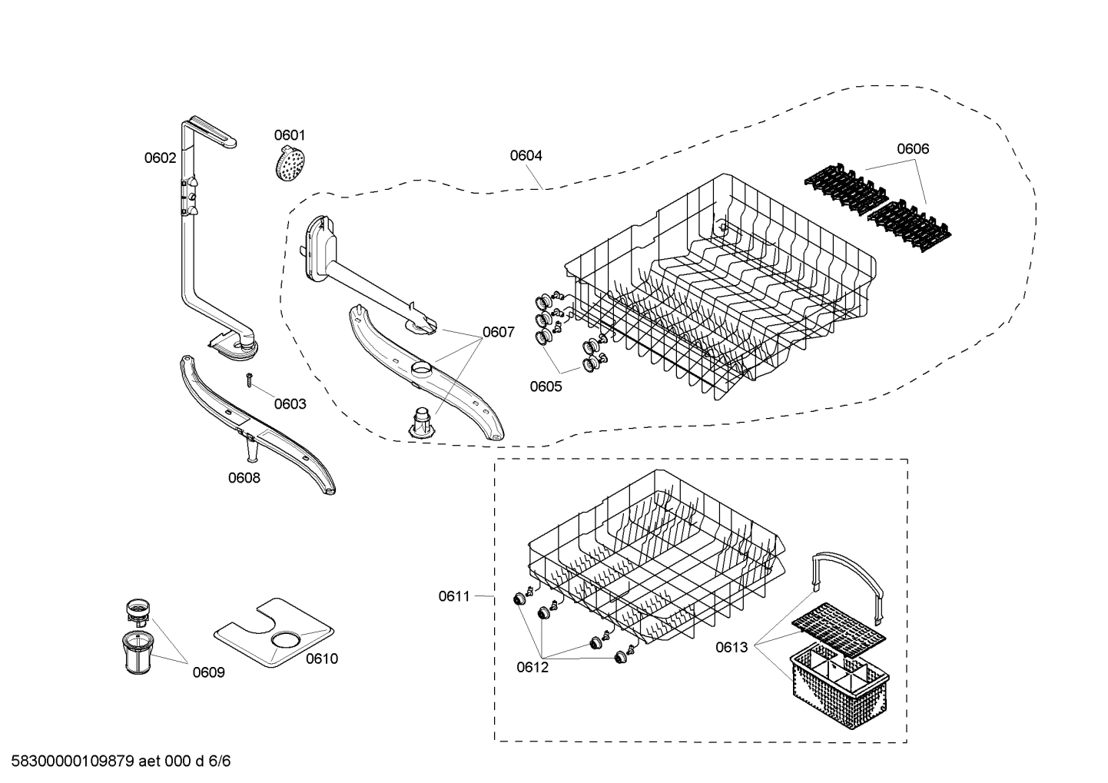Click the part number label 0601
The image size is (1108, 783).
pos(290,135)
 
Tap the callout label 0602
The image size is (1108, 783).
pos(160,158)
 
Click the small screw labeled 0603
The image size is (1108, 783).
pos(250,379)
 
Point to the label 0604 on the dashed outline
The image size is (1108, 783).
pos(526,155)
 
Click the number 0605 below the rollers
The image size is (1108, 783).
pos(545,387)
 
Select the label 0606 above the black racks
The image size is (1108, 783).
pos(912,149)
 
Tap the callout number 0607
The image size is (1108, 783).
pos(498,333)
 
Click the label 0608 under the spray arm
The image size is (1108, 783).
pos(244,478)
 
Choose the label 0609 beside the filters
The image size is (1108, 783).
pos(208,672)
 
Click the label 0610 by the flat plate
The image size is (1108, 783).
pos(321,659)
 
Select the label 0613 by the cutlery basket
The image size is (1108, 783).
pos(731,647)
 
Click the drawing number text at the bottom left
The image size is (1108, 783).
pos(115,761)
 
